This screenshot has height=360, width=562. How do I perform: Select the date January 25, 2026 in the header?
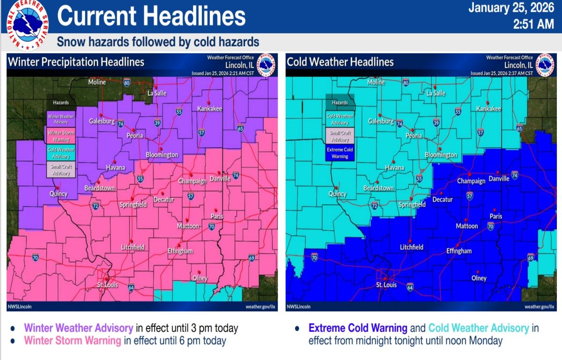pos(511,8)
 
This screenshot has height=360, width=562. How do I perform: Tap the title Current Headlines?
pos(151,16)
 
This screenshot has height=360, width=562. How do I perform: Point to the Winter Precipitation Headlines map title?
pos(76,62)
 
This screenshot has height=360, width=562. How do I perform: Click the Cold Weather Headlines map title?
pos(340,62)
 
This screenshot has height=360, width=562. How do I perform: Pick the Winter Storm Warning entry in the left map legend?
pos(61,136)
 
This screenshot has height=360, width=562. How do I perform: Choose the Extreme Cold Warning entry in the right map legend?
pos(340,153)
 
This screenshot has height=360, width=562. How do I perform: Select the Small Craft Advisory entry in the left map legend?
pos(61,170)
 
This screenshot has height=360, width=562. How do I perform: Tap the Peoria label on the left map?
pos(133,136)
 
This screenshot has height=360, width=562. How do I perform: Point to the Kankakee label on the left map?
pos(209,109)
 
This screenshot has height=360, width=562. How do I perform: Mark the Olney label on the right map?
pos(479,278)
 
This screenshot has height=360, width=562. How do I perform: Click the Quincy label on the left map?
pos(59,194)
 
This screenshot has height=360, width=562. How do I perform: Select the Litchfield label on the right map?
pos(412,247)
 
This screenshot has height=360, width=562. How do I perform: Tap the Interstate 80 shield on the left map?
pos(127,82)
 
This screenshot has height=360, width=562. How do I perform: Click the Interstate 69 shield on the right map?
pos(531,257)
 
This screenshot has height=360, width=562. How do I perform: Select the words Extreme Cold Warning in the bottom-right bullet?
pos(358,328)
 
